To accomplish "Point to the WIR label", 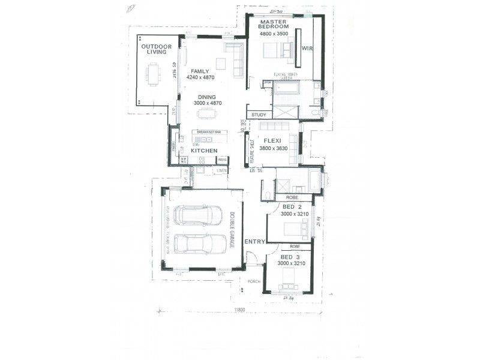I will pos(307,47).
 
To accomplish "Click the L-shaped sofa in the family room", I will pos(235,58).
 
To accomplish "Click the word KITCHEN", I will pos(204,151).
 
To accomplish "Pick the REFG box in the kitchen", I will pos(222,160).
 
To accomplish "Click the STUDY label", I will pos(259,115).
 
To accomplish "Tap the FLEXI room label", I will pos(274,142).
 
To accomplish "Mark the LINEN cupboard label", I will pos(221,170).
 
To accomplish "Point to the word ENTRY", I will pos(254,241).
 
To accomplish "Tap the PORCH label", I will pos(250,280).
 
